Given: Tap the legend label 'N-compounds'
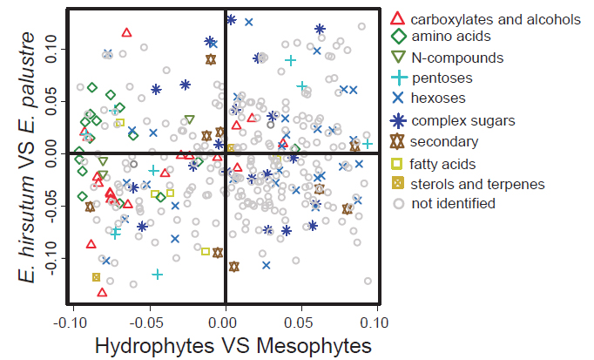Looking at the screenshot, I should [x=456, y=58].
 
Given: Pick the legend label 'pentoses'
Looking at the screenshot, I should [x=442, y=78].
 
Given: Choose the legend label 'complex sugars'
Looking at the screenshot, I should [x=462, y=120].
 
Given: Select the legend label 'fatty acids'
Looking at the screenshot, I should [x=443, y=163].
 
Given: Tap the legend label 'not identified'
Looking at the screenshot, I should [x=453, y=204].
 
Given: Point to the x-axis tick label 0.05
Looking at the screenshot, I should [x=301, y=322].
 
